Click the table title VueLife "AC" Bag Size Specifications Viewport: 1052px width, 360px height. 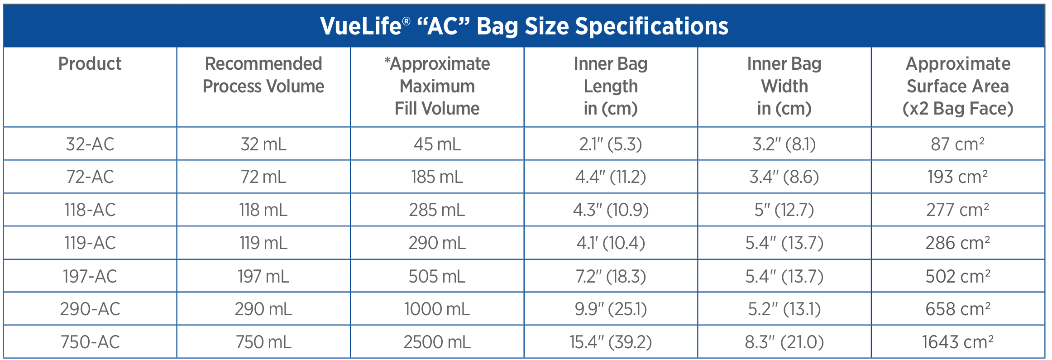[524, 26]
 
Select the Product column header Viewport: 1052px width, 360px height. [90, 64]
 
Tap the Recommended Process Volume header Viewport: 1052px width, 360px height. [263, 75]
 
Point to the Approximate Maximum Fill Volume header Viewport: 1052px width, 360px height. [437, 86]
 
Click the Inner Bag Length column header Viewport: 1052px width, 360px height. [611, 86]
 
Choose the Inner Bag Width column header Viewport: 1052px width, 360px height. [784, 86]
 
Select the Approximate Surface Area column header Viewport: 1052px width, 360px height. [958, 86]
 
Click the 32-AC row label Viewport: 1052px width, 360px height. [90, 144]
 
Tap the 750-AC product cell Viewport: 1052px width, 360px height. [90, 342]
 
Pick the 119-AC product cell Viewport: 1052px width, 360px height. [90, 243]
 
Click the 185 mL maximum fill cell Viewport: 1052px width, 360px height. [437, 177]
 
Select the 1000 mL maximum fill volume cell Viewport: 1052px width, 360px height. [437, 309]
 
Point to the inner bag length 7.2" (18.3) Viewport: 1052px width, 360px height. [611, 276]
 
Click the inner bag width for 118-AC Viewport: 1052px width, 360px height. [784, 210]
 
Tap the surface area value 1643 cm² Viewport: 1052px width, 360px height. [958, 342]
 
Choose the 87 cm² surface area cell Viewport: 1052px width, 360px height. [958, 144]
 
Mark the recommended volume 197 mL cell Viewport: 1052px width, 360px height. [263, 276]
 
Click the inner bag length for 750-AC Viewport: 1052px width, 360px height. [611, 342]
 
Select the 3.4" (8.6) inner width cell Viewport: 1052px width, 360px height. [784, 177]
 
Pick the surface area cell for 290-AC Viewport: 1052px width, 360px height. [958, 309]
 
